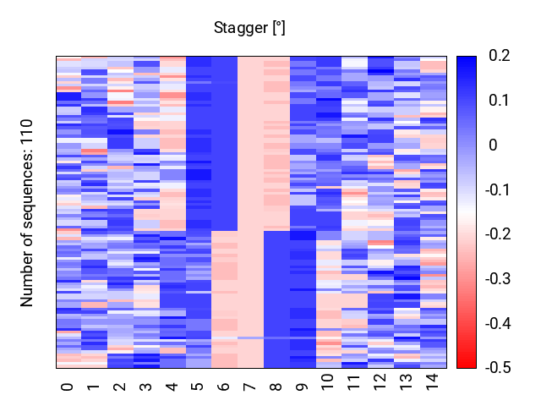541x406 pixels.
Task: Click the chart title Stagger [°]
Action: (249, 28)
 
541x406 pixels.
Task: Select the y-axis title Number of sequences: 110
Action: (26, 213)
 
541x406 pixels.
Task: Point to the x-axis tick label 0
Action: (67, 387)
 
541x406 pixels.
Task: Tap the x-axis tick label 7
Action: (249, 387)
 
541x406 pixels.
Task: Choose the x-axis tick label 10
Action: (327, 381)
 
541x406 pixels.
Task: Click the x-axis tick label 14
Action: (432, 381)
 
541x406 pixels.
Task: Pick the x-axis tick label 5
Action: (197, 387)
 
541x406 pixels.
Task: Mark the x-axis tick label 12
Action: (380, 381)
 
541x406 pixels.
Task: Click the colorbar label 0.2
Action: (500, 56)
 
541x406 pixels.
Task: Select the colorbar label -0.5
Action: (498, 368)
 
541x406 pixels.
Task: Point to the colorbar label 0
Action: (494, 145)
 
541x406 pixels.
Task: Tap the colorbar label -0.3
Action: (498, 278)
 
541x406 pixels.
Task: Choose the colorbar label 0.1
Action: (500, 101)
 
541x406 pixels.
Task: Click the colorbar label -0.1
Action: (498, 189)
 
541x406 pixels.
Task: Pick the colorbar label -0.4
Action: (498, 323)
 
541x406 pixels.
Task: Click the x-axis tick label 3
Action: (145, 387)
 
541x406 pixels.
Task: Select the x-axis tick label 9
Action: (302, 387)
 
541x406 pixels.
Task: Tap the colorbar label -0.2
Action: (498, 234)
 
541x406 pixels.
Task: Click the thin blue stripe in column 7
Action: (251, 337)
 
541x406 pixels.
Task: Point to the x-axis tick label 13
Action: (406, 381)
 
